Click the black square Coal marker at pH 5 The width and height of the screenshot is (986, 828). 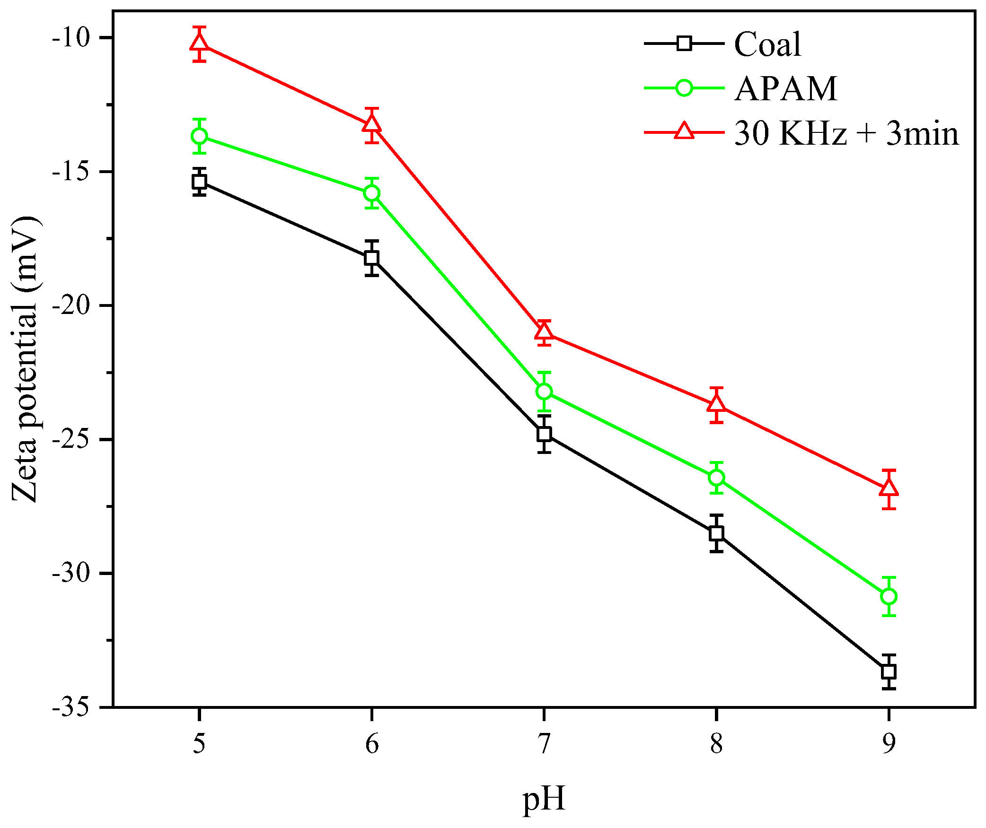[x=200, y=182]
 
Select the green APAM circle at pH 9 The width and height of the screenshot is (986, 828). [x=889, y=596]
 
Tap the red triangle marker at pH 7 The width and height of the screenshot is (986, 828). [x=544, y=332]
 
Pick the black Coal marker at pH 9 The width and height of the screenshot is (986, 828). [x=889, y=671]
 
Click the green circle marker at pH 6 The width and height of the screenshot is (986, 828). [x=372, y=193]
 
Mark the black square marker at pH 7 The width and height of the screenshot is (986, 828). [x=544, y=434]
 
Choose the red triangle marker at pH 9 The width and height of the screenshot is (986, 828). [x=889, y=488]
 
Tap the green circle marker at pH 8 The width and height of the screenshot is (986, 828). [x=717, y=478]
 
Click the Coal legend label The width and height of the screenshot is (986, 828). [x=767, y=44]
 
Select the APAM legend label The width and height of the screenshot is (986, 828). [x=785, y=89]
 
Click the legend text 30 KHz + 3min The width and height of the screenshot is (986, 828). [x=846, y=133]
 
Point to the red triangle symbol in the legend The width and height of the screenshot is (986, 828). [x=684, y=131]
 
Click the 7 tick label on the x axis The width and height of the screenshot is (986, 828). [x=544, y=744]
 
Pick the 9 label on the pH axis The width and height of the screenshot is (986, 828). [x=889, y=744]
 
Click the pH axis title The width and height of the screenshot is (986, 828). [x=544, y=799]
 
